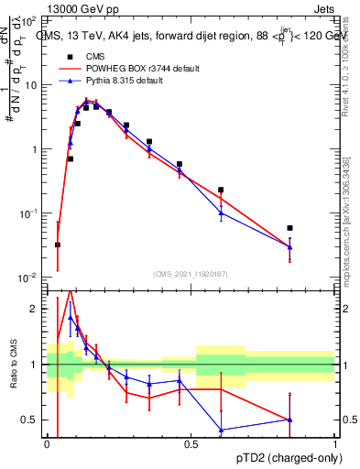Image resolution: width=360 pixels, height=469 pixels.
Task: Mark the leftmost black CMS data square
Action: click(x=58, y=245)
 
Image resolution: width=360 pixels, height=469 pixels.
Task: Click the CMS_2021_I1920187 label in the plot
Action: click(x=191, y=272)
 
